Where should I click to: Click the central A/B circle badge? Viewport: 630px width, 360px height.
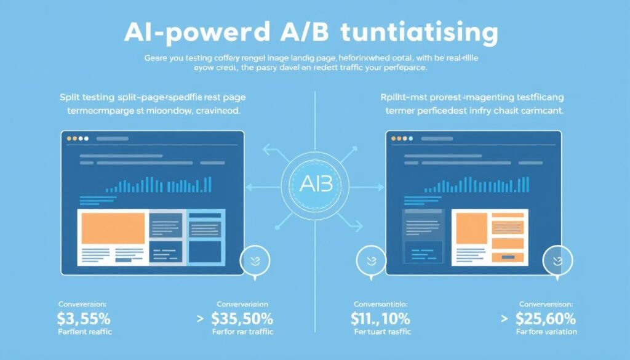pyautogui.click(x=314, y=183)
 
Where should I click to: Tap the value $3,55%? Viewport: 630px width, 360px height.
pyautogui.click(x=84, y=319)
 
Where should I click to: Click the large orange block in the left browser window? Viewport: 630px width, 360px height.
pyautogui.click(x=112, y=229)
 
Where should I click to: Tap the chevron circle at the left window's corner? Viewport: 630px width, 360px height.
pyautogui.click(x=254, y=262)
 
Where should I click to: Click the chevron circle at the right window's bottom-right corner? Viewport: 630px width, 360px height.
pyautogui.click(x=557, y=262)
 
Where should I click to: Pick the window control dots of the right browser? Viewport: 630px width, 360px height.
pyautogui.click(x=398, y=139)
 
